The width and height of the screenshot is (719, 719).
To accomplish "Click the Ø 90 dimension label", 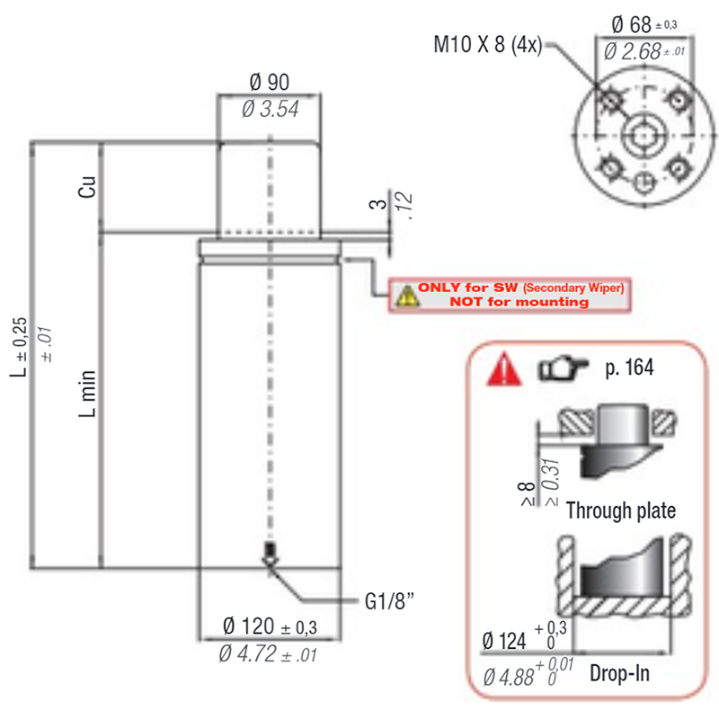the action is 269,83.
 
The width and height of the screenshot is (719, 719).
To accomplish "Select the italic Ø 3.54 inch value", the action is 271,109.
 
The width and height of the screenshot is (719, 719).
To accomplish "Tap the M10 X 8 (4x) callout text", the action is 488,45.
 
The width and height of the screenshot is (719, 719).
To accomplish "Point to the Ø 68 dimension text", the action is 631,24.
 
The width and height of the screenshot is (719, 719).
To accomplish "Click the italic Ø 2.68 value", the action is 633,51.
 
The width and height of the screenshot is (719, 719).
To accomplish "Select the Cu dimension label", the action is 86,187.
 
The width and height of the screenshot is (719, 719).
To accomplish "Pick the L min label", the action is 87,394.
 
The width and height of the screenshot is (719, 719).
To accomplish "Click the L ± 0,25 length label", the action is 18,347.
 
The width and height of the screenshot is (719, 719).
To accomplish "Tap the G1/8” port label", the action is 389,601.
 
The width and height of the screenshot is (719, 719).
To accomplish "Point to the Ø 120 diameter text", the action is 249,626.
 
